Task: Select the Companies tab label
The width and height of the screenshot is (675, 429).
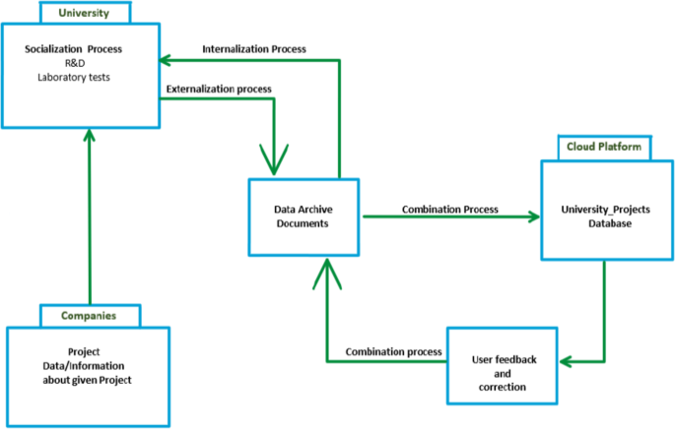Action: (90, 316)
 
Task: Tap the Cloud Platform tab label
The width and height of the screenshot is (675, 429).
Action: (604, 148)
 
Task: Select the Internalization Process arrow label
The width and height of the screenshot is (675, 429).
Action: (254, 48)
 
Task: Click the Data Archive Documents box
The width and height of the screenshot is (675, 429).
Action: (301, 216)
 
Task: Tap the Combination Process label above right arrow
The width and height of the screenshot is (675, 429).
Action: (449, 209)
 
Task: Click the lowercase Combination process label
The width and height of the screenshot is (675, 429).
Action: (391, 352)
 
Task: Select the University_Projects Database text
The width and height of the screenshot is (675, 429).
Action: (604, 216)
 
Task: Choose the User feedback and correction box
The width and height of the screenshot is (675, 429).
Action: (502, 366)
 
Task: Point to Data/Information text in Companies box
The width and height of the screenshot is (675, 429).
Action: (88, 367)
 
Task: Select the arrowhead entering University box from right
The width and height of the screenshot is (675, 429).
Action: (172, 58)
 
